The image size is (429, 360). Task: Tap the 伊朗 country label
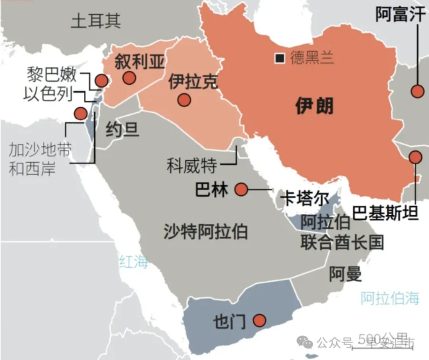click(x=314, y=106)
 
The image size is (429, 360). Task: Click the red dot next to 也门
click(x=260, y=321)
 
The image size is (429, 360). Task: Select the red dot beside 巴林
click(x=241, y=189)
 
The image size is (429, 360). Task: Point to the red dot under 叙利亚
click(x=129, y=77)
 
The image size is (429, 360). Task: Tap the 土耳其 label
click(x=96, y=21)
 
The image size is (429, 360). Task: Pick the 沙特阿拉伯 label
click(x=205, y=231)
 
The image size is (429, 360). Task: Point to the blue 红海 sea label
click(x=134, y=262)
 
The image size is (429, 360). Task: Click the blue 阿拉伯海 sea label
click(x=390, y=298)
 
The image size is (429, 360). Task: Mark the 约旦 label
click(x=121, y=130)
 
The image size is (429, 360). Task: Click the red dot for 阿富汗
click(x=417, y=91)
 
